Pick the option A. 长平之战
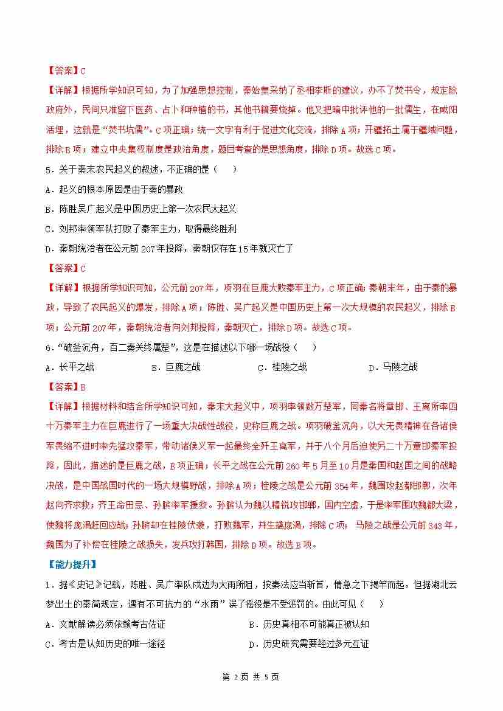tap(70, 367)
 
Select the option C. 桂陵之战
tap(282, 367)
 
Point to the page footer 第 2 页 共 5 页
tap(251, 677)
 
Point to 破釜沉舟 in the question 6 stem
tap(74, 347)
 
